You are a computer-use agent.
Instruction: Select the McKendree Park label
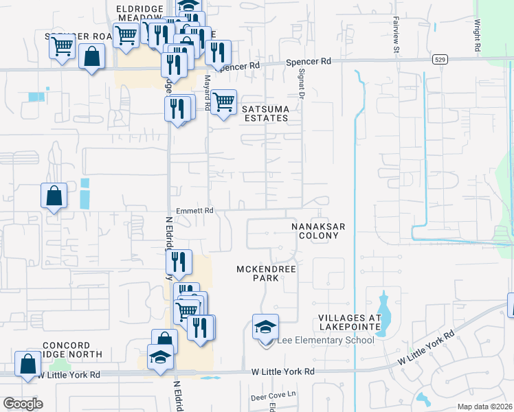[x=267, y=273]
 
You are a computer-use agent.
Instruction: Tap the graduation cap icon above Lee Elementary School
[x=265, y=328]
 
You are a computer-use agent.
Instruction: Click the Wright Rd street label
[x=476, y=36]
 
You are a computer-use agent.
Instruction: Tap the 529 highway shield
[x=442, y=60]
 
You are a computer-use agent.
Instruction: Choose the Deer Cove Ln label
[x=273, y=395]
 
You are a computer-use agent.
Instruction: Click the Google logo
[x=23, y=404]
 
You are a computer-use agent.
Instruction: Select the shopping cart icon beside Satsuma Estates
[x=223, y=103]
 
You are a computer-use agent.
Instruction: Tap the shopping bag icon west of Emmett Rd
[x=54, y=196]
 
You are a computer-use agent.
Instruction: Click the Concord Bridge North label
[x=71, y=350]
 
